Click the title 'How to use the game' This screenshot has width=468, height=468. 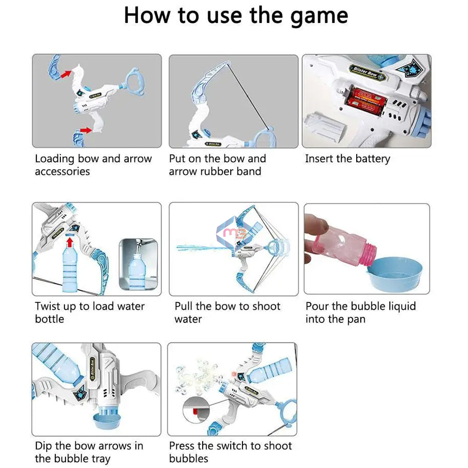tap(236, 15)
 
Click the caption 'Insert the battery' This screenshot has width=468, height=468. tap(347, 159)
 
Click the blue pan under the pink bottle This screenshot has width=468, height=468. tap(395, 274)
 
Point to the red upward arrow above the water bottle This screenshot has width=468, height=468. tap(70, 241)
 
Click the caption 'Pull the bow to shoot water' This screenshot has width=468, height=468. tap(227, 313)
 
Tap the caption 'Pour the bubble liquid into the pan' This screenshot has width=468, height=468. tap(360, 313)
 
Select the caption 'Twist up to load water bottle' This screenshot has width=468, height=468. tap(90, 313)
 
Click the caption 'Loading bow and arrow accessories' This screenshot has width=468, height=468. tap(93, 165)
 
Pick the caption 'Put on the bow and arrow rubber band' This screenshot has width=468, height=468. tap(217, 165)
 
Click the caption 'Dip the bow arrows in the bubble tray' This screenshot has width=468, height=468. tap(89, 452)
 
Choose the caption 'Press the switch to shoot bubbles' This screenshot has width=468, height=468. tap(230, 452)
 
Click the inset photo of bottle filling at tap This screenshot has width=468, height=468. tap(138, 264)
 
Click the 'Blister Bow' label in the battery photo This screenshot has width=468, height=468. tap(365, 71)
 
